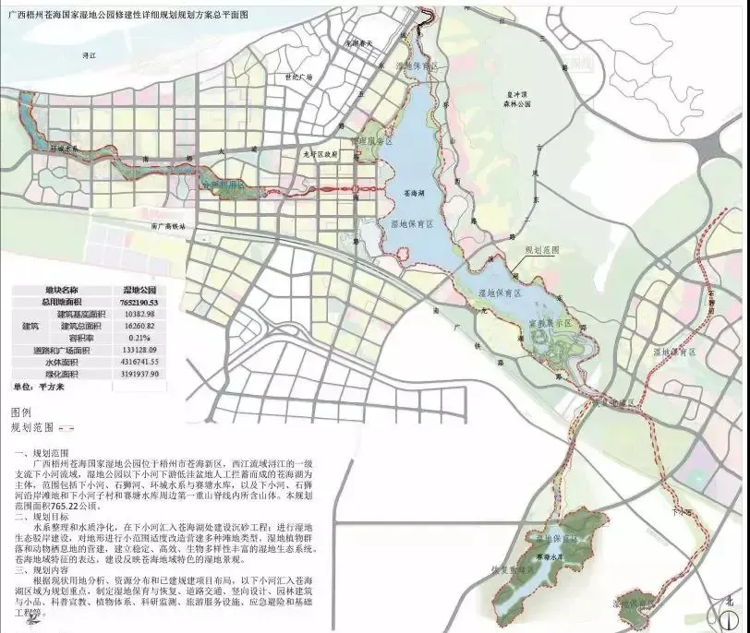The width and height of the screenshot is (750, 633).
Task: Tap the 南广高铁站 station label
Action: point(172,226)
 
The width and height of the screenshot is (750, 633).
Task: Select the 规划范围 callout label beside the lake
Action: point(541,250)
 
